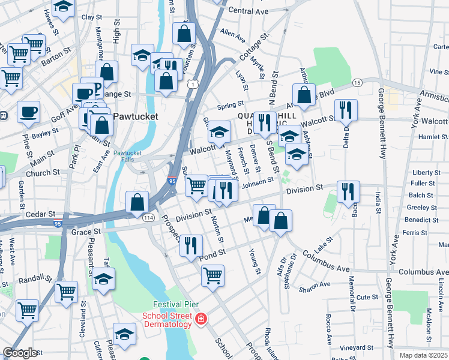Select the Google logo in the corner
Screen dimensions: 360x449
[20, 353]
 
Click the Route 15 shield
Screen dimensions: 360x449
[357, 82]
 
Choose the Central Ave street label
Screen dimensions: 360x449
[248, 11]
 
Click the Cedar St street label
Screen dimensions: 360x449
[41, 214]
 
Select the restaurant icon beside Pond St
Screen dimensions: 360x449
[191, 245]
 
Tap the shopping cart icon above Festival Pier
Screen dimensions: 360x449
[212, 275]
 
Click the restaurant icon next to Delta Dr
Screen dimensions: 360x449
[346, 110]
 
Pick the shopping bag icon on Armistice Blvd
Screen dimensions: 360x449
[304, 94]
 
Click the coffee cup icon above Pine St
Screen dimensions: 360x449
[28, 112]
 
